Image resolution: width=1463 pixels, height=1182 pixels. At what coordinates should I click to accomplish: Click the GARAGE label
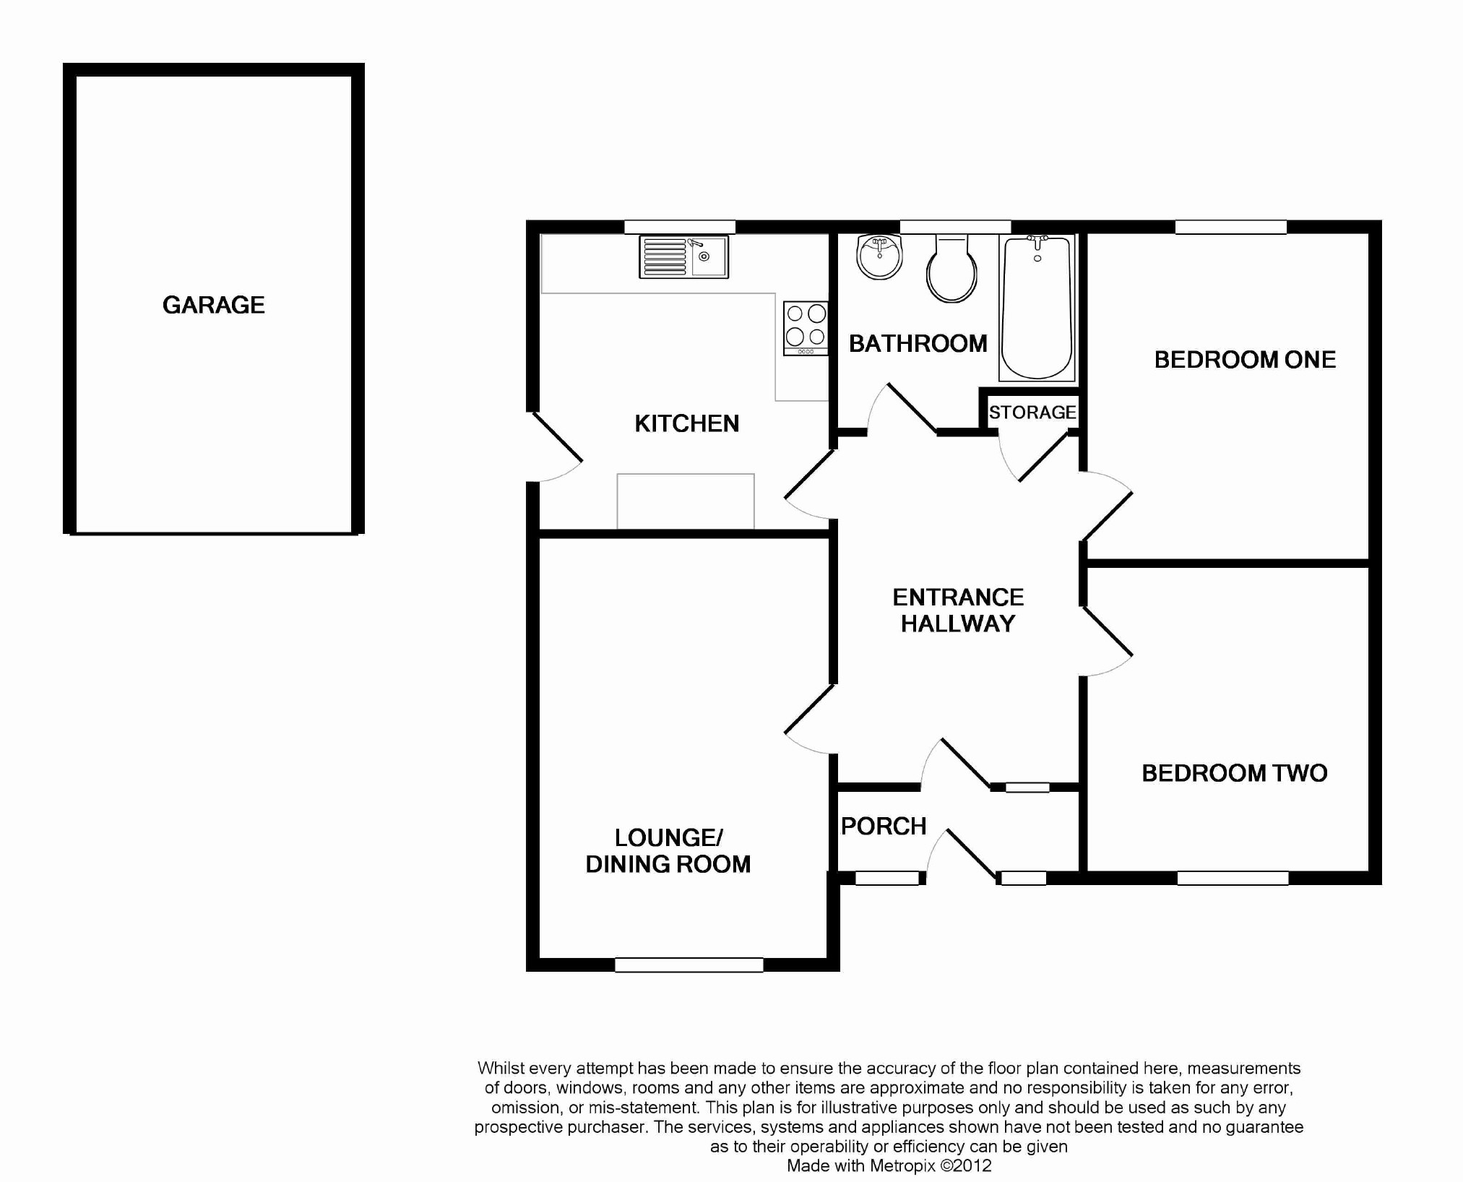214,305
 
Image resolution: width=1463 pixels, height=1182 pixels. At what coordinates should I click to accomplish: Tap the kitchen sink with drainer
683,257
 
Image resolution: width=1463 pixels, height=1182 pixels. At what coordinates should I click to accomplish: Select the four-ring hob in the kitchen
806,328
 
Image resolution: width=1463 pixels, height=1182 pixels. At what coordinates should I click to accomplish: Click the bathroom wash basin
879,256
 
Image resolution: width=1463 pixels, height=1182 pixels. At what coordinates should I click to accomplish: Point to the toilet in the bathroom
952,268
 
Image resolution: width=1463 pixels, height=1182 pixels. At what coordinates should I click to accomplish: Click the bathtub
1037,308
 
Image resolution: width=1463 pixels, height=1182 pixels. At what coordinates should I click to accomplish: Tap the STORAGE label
1032,413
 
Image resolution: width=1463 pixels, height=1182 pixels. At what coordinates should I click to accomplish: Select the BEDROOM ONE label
1245,360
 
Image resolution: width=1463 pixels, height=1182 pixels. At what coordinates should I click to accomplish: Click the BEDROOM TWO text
1234,773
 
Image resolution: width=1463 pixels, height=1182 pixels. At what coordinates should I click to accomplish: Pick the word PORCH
884,826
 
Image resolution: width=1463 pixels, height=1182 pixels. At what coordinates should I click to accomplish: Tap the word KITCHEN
687,423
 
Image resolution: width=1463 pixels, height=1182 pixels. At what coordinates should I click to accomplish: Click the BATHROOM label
918,343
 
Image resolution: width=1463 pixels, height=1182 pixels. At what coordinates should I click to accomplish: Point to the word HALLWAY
958,624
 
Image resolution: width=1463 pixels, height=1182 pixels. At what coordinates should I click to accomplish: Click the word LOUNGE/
668,838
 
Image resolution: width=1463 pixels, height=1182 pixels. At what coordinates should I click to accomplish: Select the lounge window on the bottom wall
689,965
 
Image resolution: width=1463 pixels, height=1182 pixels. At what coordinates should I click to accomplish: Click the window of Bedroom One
1231,227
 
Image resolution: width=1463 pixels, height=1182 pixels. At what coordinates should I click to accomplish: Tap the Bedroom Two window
1233,878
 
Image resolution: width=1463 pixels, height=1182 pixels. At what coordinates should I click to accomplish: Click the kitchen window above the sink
680,227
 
